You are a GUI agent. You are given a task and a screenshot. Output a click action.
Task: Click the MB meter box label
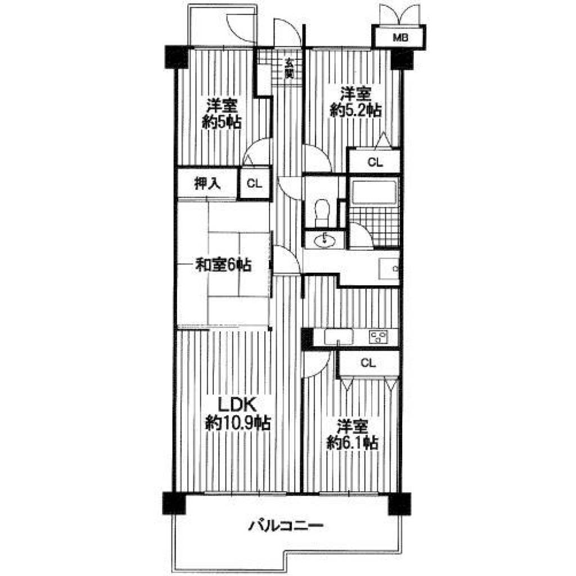[x=400, y=37]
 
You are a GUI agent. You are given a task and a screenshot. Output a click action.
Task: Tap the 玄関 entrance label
[x=290, y=68]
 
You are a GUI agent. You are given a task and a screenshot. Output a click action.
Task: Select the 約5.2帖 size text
[x=355, y=110]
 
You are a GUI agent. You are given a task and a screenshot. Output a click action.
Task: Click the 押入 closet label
[x=208, y=184]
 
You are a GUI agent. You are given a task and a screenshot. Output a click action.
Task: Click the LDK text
[x=237, y=404]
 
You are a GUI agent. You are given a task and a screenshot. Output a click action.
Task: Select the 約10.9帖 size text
[x=238, y=423]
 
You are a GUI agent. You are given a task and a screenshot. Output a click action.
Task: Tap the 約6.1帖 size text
[x=353, y=443]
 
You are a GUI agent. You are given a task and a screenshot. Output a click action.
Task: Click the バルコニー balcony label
[x=286, y=526]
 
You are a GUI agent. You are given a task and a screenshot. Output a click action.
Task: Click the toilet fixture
[x=323, y=211]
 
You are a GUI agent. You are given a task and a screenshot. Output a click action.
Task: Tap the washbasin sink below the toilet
[x=325, y=241]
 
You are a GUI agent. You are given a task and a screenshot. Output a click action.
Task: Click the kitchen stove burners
[x=379, y=337]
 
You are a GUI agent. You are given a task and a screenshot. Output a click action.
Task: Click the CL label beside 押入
[x=254, y=183]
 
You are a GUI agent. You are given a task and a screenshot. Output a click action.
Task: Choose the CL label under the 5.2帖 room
[x=375, y=162]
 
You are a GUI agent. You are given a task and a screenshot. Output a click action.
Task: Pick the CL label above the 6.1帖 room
[x=368, y=363]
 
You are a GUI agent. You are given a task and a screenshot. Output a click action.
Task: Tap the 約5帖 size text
[x=222, y=122]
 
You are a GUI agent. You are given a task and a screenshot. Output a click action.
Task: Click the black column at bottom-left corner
[x=174, y=503]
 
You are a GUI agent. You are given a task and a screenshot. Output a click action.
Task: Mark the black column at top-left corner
[x=177, y=57]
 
